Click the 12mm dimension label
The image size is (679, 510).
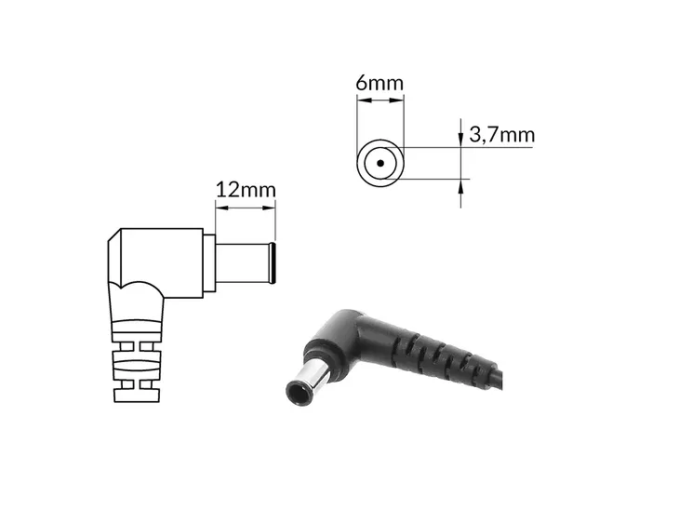246,190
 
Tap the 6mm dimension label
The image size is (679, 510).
379,82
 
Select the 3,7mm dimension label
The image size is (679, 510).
502,135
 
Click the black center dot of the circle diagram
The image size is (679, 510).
380,164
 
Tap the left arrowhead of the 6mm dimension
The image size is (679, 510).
365,101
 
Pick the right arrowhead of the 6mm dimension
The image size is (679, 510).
396,101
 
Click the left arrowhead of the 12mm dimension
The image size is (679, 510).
222,208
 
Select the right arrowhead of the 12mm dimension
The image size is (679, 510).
269,208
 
